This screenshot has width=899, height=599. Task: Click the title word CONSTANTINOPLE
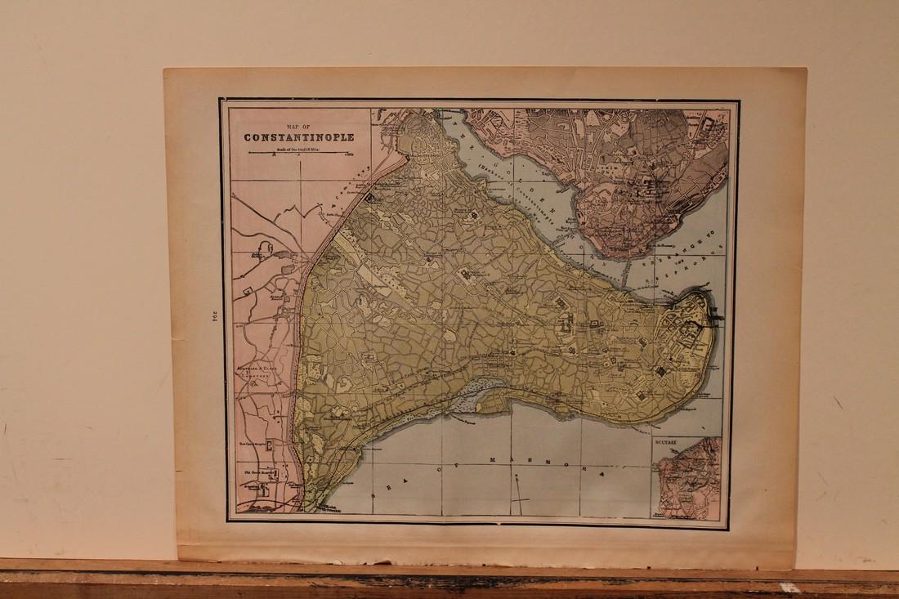pyautogui.click(x=298, y=136)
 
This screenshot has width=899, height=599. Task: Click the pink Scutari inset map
pyautogui.click(x=691, y=482)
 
